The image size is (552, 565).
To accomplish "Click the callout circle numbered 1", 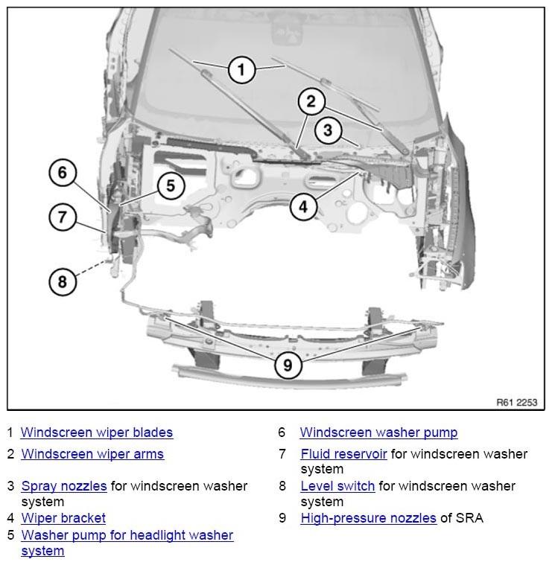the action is (241, 69).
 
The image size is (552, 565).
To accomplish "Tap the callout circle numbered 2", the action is (311, 102).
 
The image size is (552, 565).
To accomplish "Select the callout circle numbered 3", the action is (327, 130).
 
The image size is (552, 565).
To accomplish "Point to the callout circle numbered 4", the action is (304, 207).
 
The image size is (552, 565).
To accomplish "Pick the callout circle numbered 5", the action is (171, 186).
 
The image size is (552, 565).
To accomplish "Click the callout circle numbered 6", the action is (63, 173).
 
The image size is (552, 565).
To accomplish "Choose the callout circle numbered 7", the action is (63, 217).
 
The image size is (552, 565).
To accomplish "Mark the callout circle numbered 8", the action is (63, 281).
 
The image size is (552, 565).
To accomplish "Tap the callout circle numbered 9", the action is (288, 365).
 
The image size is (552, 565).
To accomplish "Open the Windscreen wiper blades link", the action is (97, 432).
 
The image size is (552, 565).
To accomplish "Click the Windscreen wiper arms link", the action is (92, 454).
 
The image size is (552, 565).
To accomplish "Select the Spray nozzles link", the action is (64, 486).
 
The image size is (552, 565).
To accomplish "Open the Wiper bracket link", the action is (63, 518).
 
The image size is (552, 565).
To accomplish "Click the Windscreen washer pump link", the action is (378, 432).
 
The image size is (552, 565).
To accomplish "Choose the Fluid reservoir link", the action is (343, 454).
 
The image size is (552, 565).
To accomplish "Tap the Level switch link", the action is (338, 486).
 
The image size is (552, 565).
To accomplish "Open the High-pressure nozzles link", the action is (369, 518).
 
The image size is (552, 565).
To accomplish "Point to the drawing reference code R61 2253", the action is (517, 402).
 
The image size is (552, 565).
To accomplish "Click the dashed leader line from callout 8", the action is (92, 268).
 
